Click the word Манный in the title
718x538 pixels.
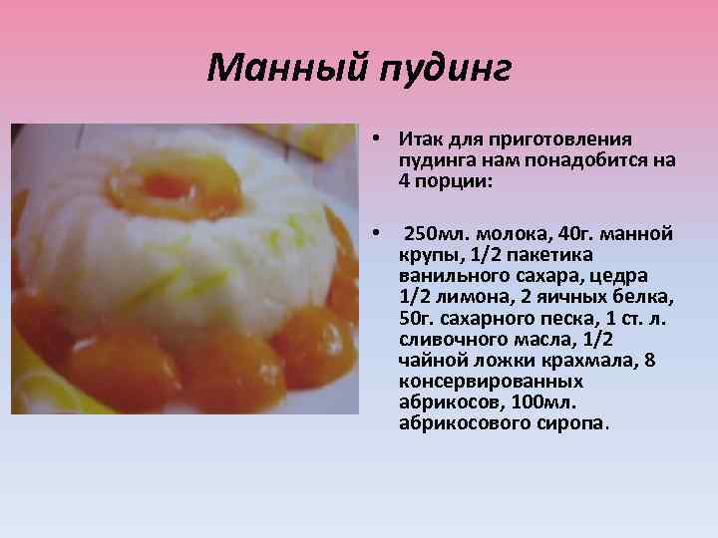[x=288, y=69]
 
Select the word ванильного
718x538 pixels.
[x=445, y=275]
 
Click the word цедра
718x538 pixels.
[x=618, y=275]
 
